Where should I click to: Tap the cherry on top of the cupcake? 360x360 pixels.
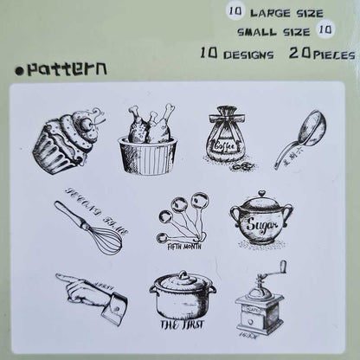coord(87,119)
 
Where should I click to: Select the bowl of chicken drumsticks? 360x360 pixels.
coord(148,140)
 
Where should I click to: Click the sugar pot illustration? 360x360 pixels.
coord(260,221)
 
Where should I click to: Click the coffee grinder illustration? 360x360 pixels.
coord(260,303)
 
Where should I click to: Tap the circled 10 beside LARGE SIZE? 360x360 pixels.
coord(235,12)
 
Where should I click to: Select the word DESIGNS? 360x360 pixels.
coord(248,54)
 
